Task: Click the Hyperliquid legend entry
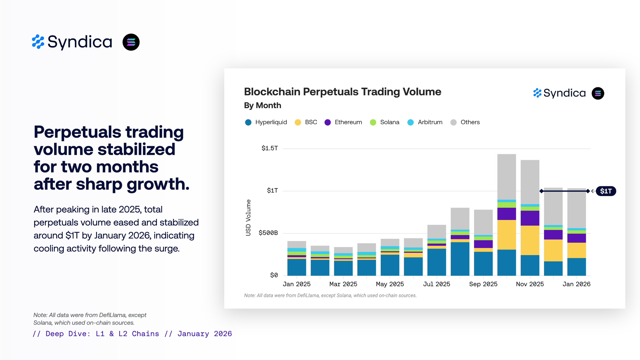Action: [x=266, y=122]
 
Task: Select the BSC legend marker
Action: [x=298, y=122]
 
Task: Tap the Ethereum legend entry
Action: [x=343, y=122]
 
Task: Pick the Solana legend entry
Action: [x=385, y=122]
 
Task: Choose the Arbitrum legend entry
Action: [x=425, y=122]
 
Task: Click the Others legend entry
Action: [x=465, y=122]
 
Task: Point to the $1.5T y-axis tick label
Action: [x=270, y=148]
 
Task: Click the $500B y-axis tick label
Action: [x=268, y=233]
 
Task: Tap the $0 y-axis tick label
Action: [x=274, y=275]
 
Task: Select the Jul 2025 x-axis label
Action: [x=436, y=284]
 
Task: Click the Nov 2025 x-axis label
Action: [x=530, y=284]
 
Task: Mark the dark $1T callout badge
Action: [x=606, y=191]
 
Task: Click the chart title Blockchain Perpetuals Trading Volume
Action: [x=342, y=92]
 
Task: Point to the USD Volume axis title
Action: [x=248, y=218]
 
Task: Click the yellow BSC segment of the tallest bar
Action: [x=507, y=235]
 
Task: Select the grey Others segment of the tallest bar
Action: [x=507, y=177]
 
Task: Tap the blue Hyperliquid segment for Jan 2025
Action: [x=297, y=267]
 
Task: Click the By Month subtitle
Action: [x=262, y=105]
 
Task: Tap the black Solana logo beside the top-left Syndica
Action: [x=131, y=42]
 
